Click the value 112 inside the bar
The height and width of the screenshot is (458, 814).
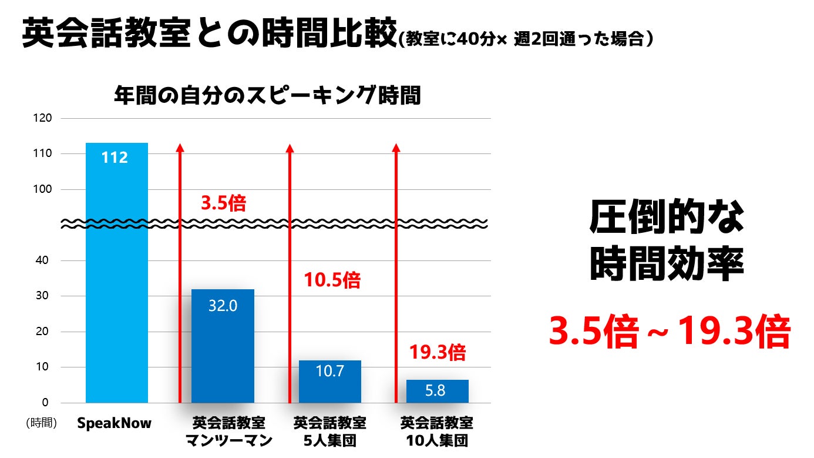(115, 158)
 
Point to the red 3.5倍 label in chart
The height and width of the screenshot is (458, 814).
(223, 203)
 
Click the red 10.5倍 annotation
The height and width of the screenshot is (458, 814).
(332, 280)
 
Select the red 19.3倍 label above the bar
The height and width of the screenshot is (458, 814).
(437, 353)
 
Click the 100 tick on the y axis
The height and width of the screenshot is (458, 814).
(46, 189)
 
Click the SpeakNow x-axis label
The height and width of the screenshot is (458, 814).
(115, 423)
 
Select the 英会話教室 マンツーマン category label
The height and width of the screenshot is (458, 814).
(229, 432)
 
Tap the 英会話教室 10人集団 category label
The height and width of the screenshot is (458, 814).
(437, 432)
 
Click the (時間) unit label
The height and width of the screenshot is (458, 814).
(41, 423)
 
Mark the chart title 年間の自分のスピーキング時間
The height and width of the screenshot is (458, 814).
(267, 95)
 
